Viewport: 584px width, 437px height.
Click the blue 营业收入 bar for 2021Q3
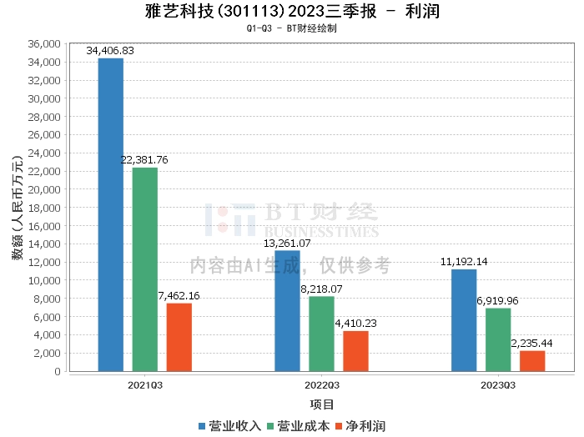click(110, 214)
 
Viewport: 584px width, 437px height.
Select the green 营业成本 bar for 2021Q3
click(144, 269)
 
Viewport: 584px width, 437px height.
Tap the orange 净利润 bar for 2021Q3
click(179, 337)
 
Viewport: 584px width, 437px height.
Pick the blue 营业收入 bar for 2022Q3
click(287, 310)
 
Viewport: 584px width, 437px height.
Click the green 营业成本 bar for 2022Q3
click(321, 334)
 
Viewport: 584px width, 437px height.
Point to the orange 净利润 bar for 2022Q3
click(355, 351)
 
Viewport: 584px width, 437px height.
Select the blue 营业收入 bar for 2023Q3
click(464, 320)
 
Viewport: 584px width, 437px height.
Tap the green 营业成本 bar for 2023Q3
click(498, 339)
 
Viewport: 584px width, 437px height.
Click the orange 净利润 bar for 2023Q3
click(532, 361)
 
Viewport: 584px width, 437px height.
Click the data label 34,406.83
click(110, 51)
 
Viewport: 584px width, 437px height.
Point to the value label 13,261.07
click(287, 244)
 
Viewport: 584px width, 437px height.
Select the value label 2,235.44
click(532, 344)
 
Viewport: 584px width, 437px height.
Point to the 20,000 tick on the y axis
click(44, 189)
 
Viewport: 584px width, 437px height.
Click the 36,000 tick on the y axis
click(44, 43)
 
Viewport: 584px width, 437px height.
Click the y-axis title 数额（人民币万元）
click(17, 208)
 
